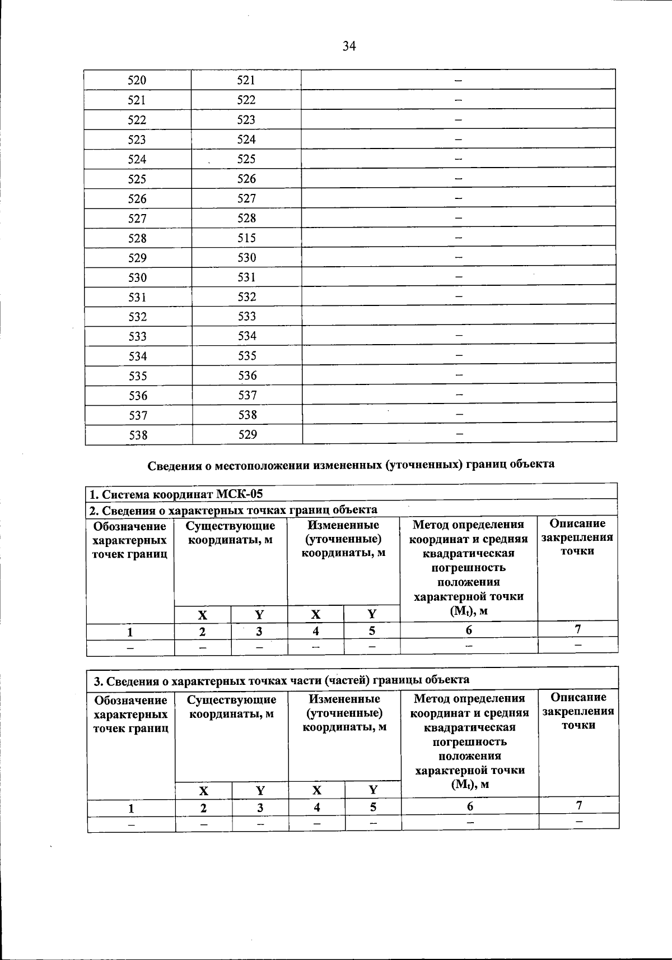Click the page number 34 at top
click(x=349, y=47)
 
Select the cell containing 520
click(x=137, y=80)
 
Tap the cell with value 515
click(x=246, y=238)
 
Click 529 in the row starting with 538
click(x=247, y=435)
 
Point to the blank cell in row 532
click(x=459, y=316)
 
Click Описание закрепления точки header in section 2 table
click(x=577, y=537)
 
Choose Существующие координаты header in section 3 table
click(x=231, y=707)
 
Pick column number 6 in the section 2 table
click(x=469, y=630)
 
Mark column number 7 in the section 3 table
click(x=579, y=806)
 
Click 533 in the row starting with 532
click(x=247, y=317)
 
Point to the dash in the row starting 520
click(x=458, y=80)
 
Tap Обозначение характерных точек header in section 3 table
click(x=131, y=715)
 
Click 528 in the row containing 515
click(x=137, y=239)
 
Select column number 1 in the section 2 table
click(x=130, y=632)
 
